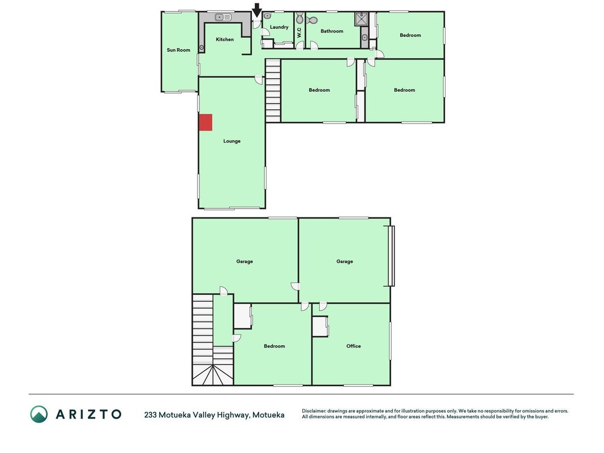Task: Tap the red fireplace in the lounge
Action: (205, 122)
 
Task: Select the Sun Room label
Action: (178, 50)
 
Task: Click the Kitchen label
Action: (225, 39)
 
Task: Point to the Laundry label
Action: (279, 27)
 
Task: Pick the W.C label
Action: (299, 32)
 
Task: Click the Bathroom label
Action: (332, 31)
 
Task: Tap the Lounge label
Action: (232, 142)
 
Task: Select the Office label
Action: (353, 346)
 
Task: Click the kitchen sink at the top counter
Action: (223, 17)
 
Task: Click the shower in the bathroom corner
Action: (362, 19)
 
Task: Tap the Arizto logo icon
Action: (39, 414)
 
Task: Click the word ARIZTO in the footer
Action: (89, 414)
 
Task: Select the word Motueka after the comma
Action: (268, 415)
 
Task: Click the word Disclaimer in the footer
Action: (314, 411)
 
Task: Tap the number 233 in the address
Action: (150, 415)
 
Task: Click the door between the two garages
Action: (295, 286)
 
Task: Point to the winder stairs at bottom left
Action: (213, 375)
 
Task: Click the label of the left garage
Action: (245, 262)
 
